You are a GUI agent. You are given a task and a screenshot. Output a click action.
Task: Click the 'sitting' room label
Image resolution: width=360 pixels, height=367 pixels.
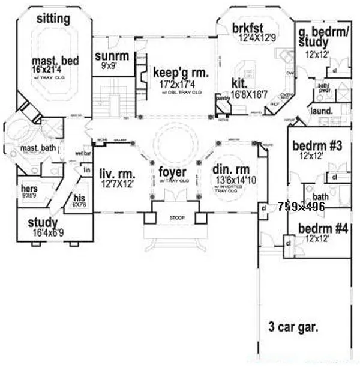tap(53, 19)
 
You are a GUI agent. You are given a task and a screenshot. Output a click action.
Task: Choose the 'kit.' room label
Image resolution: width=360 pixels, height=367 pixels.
tap(238, 83)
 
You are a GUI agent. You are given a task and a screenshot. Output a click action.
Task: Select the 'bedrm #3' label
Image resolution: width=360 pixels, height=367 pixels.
tap(316, 145)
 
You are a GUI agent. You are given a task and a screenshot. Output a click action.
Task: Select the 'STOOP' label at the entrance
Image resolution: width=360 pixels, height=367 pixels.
tap(177, 217)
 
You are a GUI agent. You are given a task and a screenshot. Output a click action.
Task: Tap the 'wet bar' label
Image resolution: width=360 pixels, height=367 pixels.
tap(83, 153)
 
